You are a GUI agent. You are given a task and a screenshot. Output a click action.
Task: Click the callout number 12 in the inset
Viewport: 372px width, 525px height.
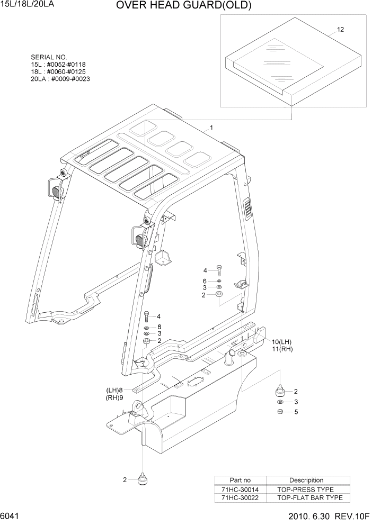tap(340, 30)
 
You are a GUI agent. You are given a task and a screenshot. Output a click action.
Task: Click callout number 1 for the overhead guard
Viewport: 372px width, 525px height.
tap(211, 128)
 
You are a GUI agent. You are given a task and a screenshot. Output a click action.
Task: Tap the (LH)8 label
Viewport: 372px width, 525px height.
tap(114, 390)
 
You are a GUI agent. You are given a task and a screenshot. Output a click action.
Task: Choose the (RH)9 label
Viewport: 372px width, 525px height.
tap(114, 397)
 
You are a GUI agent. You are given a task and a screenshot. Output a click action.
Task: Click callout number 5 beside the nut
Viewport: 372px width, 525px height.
tap(296, 412)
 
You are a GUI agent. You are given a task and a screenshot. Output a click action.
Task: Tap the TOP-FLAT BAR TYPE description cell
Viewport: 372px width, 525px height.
tap(309, 497)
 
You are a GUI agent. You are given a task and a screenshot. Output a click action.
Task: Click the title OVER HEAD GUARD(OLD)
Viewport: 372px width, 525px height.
tap(183, 6)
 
